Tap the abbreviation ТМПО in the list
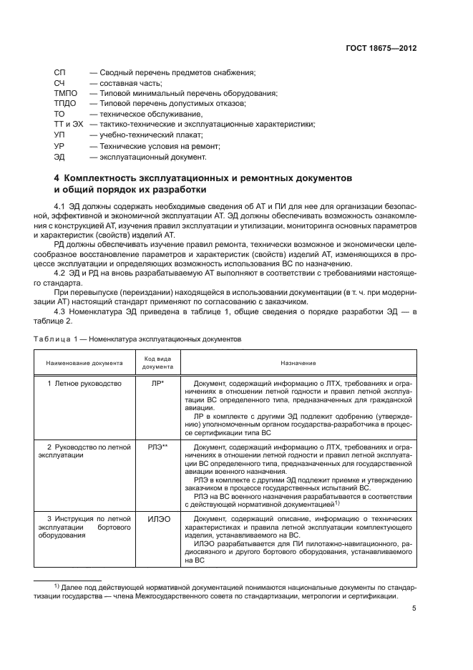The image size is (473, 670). [65, 94]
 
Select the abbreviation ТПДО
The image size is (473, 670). [65, 104]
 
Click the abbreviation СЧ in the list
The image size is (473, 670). [59, 83]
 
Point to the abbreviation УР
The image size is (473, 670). [59, 146]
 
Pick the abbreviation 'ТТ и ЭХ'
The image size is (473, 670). [69, 125]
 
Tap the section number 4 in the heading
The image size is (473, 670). [57, 177]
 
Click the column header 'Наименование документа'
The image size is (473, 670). [84, 364]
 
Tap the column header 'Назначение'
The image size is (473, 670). [298, 364]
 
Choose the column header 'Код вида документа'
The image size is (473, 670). [157, 364]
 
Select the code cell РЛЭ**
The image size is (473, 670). [157, 447]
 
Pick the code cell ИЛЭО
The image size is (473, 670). [157, 520]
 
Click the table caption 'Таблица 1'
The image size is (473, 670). [59, 339]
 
